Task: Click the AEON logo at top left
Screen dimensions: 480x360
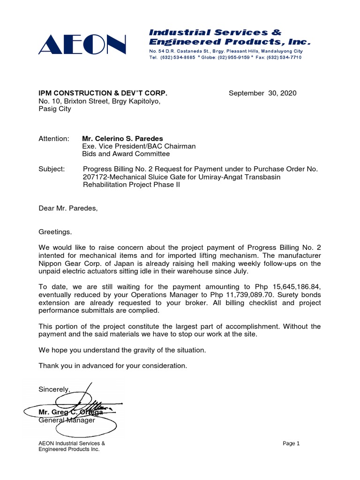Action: pos(82,45)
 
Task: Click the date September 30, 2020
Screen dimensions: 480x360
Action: pos(262,93)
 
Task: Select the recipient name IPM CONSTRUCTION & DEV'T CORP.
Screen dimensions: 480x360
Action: pos(103,93)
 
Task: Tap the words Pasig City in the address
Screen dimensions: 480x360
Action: pos(54,109)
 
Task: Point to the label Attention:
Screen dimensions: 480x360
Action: pos(53,139)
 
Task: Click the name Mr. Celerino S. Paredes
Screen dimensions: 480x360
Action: pos(123,139)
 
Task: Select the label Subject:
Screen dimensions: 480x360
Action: pos(51,169)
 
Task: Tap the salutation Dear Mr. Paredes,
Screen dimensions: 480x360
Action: pos(68,208)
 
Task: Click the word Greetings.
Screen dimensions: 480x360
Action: pos(55,232)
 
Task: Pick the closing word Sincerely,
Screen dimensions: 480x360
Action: pos(54,389)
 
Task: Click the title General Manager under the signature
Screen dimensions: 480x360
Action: pos(67,420)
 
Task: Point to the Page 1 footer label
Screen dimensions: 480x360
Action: pos(291,443)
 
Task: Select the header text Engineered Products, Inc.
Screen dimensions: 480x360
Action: pos(229,42)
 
